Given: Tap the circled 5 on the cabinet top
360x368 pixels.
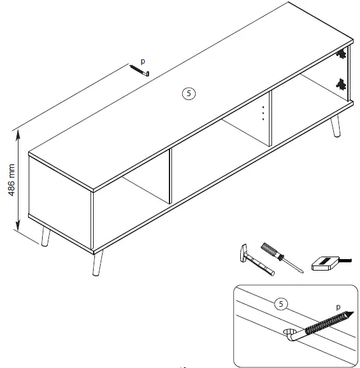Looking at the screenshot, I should [x=188, y=93].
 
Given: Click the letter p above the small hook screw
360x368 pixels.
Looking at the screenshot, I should [x=143, y=61].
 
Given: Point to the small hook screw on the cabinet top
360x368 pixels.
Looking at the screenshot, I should [x=139, y=71].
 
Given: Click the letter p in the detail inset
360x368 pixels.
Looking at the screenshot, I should [x=338, y=306].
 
